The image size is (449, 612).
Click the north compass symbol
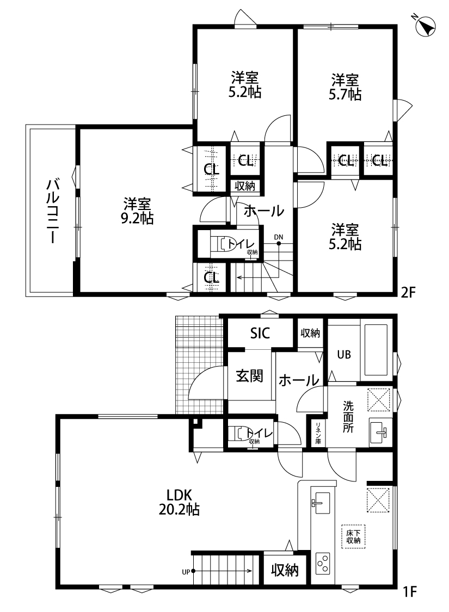(426, 26)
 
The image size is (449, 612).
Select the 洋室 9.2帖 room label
(137, 211)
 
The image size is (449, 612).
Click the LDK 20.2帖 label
(179, 502)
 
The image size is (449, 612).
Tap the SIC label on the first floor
(260, 333)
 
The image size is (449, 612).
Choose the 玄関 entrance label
(249, 375)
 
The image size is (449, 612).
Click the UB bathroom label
(344, 354)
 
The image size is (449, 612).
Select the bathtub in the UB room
(377, 350)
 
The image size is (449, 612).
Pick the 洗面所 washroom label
(348, 417)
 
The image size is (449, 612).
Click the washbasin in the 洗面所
(380, 431)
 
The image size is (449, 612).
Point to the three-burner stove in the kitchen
(323, 562)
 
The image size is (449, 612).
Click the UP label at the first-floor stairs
(186, 572)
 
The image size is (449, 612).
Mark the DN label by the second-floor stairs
(279, 237)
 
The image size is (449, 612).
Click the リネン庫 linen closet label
(318, 433)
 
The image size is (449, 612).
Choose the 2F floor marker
(409, 292)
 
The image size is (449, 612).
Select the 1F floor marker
(409, 592)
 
